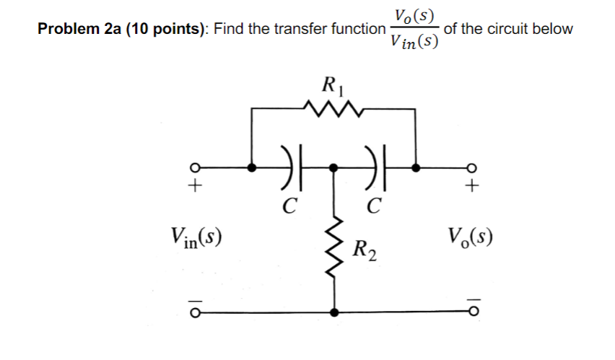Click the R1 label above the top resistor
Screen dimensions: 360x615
333,87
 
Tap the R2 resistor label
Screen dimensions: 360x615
364,251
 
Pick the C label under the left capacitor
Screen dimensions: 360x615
287,207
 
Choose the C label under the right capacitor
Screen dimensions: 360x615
373,207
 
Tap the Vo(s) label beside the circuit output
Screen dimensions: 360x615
471,236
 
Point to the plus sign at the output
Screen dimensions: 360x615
472,188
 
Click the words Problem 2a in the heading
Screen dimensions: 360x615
79,30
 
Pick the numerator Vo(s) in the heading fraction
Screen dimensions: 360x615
414,14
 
